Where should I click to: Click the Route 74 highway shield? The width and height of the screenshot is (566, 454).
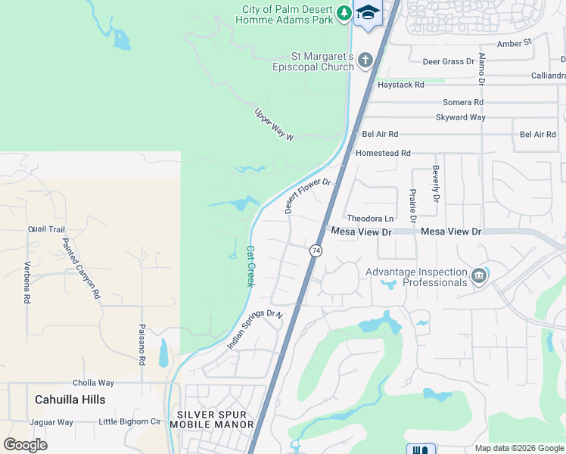point(316,250)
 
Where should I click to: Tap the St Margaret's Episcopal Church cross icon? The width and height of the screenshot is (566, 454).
point(365,60)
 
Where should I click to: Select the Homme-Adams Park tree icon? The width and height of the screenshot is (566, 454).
point(344,13)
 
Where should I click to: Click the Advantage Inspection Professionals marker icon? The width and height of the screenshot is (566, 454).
point(478,276)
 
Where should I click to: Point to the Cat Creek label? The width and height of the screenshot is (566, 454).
point(251,265)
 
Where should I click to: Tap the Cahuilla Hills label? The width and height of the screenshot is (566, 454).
point(70,399)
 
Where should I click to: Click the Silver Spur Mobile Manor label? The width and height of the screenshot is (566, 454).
point(215,419)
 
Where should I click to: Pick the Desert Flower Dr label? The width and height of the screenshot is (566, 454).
point(309,195)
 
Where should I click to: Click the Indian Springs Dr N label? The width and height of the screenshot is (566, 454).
point(254,329)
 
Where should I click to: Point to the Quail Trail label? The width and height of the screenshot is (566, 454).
point(46,229)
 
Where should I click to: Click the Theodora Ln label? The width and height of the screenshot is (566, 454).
point(370,219)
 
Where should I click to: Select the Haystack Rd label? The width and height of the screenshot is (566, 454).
point(400,85)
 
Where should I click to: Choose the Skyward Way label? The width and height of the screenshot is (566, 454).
point(460,117)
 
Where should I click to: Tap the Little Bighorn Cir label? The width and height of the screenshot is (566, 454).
point(130,421)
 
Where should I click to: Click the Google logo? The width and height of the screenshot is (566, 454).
point(26,445)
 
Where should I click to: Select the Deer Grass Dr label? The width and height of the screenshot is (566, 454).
point(448,61)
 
